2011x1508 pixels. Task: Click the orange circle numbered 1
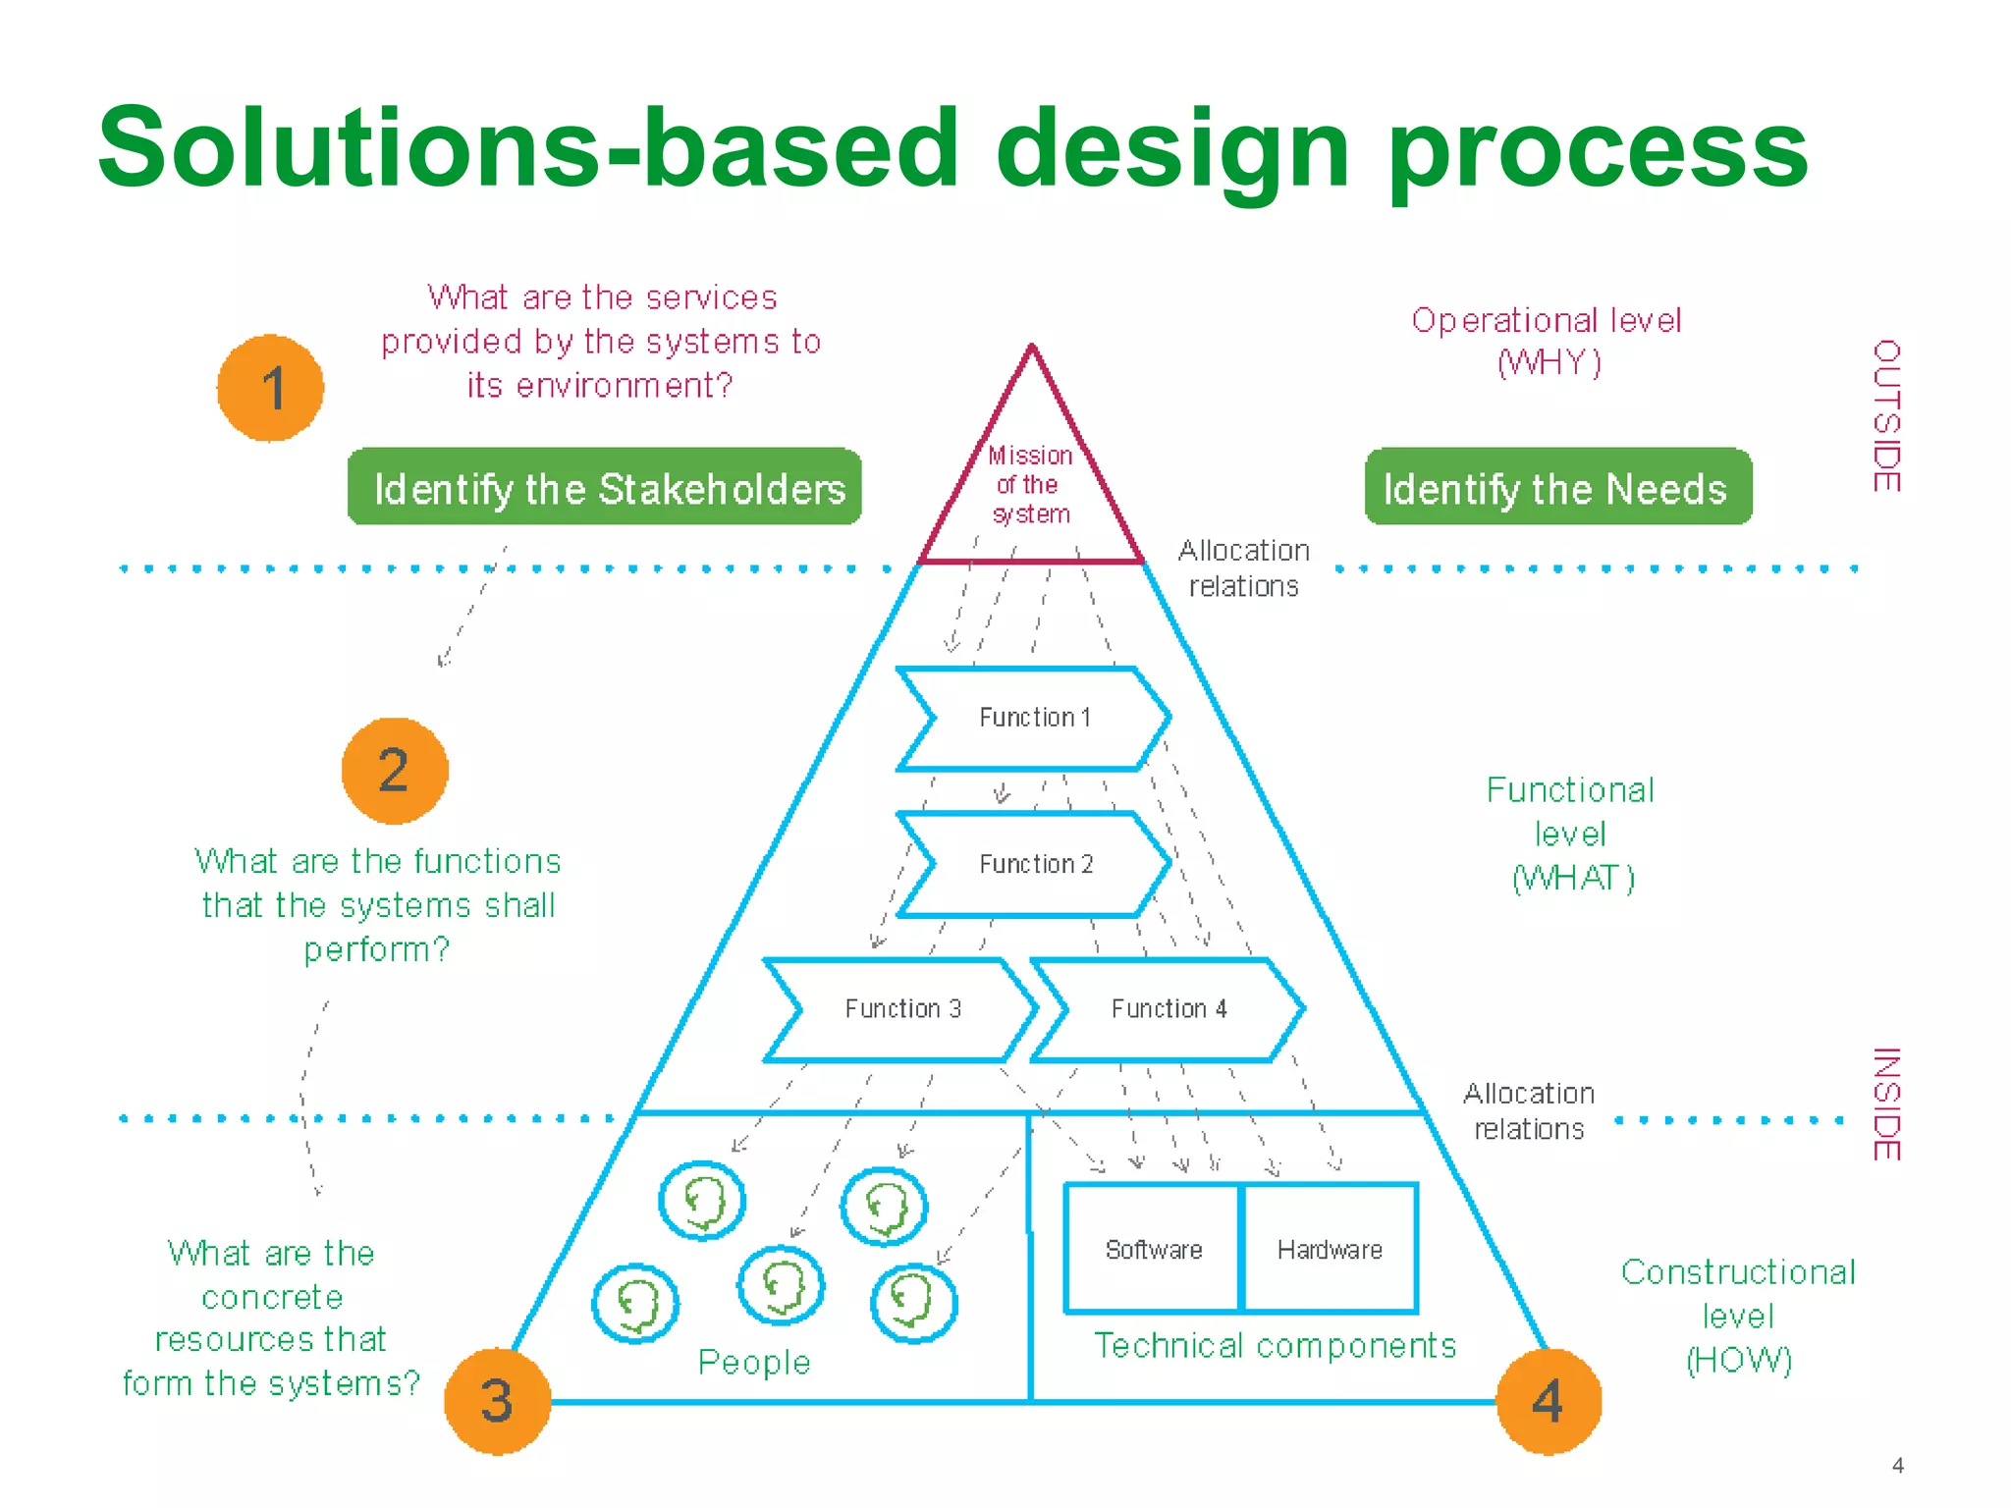click(x=270, y=388)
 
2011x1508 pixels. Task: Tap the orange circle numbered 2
click(x=395, y=771)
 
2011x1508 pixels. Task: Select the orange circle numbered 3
click(x=497, y=1401)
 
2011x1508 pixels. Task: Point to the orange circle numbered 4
click(x=1549, y=1401)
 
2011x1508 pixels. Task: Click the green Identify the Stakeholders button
click(x=605, y=488)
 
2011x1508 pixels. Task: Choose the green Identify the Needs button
click(x=1557, y=488)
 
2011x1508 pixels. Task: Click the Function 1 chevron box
click(x=1034, y=719)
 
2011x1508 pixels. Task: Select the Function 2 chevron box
click(x=1035, y=864)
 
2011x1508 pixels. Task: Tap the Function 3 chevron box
click(x=901, y=1009)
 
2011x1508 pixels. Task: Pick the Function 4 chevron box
click(x=1169, y=1009)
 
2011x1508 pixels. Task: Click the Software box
click(x=1153, y=1249)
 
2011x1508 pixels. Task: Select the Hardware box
click(x=1330, y=1249)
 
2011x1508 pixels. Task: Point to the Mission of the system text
click(x=1030, y=485)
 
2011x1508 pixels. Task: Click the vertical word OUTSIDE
click(x=1886, y=416)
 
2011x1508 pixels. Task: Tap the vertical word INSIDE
click(x=1886, y=1104)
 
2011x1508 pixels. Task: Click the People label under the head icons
click(x=754, y=1363)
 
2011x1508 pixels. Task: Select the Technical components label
click(x=1275, y=1345)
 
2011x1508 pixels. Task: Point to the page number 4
click(x=1898, y=1466)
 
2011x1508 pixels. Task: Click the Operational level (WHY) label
click(x=1548, y=341)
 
